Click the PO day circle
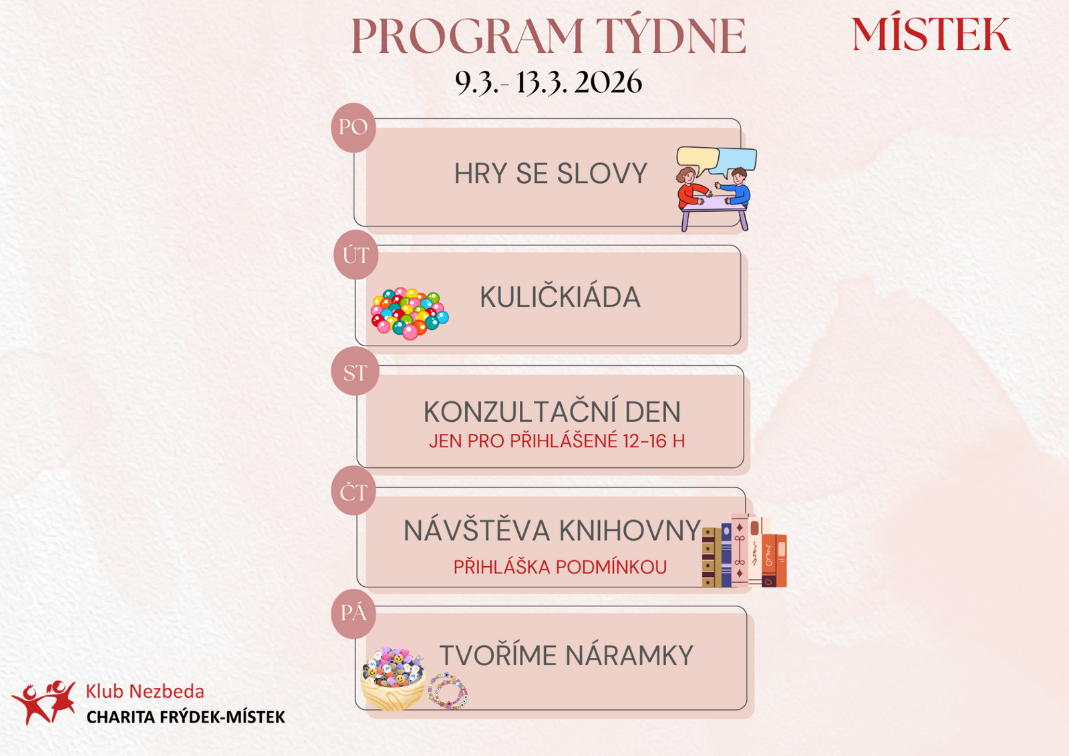pos(353,128)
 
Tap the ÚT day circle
pos(356,255)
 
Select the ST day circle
pos(355,372)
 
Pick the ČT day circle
pos(353,491)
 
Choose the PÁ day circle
pos(353,614)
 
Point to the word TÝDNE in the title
pos(671,35)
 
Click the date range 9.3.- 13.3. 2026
pos(549,82)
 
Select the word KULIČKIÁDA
pos(560,297)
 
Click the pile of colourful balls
pos(410,313)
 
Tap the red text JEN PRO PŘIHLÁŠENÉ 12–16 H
pos(557,440)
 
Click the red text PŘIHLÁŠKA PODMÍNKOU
pos(560,567)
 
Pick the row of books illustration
pos(744,550)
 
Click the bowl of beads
pos(393,678)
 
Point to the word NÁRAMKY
pos(629,655)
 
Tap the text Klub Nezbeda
pos(145,692)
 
